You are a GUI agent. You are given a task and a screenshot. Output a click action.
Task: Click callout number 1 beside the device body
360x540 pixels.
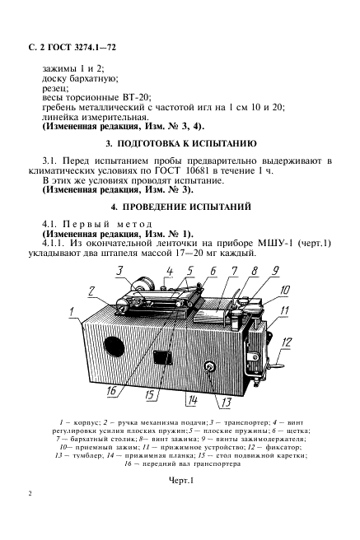pyautogui.click(x=72, y=312)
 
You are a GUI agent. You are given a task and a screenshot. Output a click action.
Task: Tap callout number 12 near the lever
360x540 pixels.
pyautogui.click(x=287, y=342)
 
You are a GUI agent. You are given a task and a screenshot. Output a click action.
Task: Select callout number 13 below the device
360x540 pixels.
pyautogui.click(x=226, y=403)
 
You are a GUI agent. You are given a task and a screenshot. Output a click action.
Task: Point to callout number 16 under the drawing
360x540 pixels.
pyautogui.click(x=111, y=392)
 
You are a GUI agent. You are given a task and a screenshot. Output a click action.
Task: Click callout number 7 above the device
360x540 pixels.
pyautogui.click(x=234, y=272)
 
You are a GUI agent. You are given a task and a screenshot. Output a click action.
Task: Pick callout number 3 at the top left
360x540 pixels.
pyautogui.click(x=119, y=271)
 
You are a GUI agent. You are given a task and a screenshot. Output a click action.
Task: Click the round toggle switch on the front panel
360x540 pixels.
pyautogui.click(x=209, y=367)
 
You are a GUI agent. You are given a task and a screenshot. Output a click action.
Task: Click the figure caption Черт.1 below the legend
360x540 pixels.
pyautogui.click(x=181, y=481)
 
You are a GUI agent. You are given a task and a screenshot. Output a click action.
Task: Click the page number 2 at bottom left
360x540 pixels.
pyautogui.click(x=30, y=494)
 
